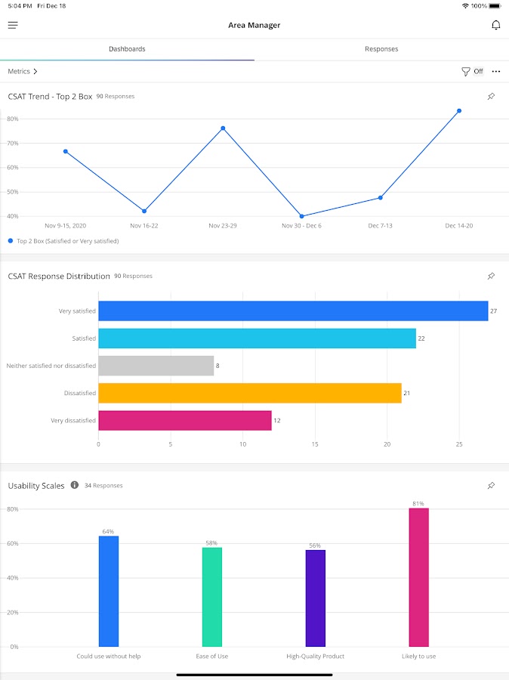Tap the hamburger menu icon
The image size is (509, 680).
[x=13, y=25]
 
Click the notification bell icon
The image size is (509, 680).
[x=496, y=25]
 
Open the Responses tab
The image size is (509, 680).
[x=381, y=49]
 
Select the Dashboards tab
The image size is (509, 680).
[x=127, y=49]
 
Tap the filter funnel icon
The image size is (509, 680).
[x=466, y=72]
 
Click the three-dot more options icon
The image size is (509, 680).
[x=496, y=72]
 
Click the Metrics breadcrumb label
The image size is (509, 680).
[x=20, y=72]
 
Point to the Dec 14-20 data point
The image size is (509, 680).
[x=459, y=111]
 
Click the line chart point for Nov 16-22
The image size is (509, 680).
[x=144, y=211]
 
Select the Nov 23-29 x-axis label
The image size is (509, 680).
[x=223, y=226]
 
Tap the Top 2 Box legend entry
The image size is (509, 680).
[x=64, y=241]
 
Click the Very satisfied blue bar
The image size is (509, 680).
[x=293, y=311]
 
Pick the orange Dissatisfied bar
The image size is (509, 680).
[x=249, y=393]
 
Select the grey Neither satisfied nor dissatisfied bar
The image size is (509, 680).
[x=156, y=366]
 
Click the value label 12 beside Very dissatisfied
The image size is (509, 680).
[x=277, y=420]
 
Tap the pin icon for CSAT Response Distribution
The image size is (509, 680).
[x=491, y=277]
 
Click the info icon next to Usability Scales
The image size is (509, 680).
[x=74, y=485]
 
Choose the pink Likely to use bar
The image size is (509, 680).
[x=419, y=577]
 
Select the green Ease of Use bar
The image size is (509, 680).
[x=212, y=597]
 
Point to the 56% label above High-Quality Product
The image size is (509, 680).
[x=315, y=546]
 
